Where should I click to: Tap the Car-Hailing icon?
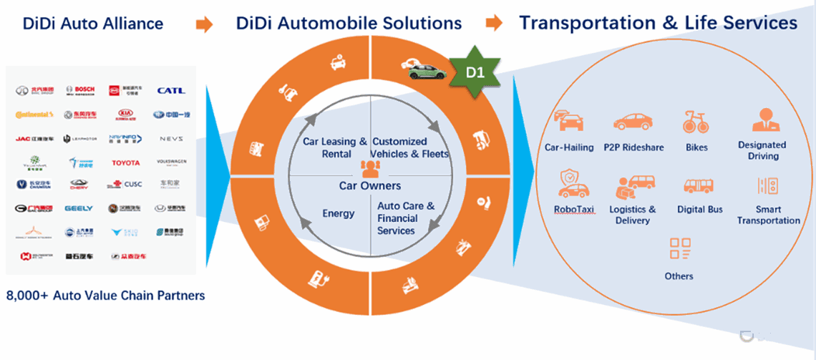tap(569, 122)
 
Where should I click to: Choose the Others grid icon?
tap(679, 248)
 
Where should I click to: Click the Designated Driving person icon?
tap(762, 121)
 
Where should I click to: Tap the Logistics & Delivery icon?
tap(631, 187)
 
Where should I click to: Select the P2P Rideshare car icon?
tap(633, 122)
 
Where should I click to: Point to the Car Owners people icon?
tap(371, 167)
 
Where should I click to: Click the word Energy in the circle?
tap(339, 213)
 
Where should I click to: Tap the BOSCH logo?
tap(79, 91)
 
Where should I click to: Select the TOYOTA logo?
tap(126, 162)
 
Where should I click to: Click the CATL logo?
tap(171, 91)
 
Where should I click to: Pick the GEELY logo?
tap(79, 208)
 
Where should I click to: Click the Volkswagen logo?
tap(171, 162)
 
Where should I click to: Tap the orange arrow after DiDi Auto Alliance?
tap(205, 24)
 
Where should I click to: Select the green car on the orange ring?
tap(424, 71)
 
